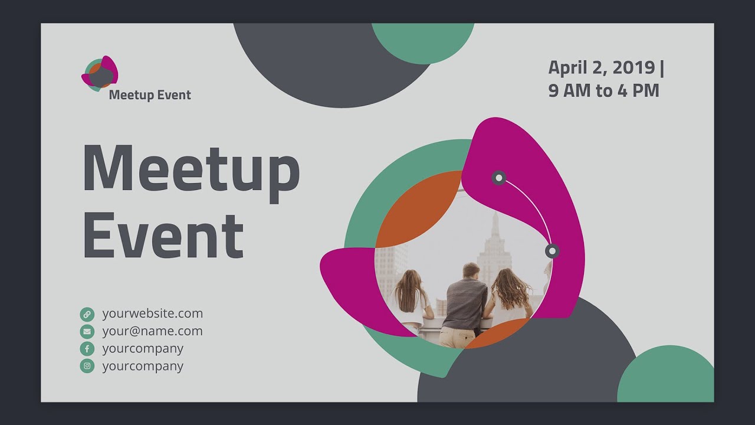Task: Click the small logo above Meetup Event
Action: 100,73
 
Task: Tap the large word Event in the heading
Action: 163,234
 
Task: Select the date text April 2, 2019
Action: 602,67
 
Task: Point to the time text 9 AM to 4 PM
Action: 603,91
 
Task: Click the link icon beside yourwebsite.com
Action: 87,314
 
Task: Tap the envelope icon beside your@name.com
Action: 87,331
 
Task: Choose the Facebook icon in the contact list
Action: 87,349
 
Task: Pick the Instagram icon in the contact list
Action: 87,366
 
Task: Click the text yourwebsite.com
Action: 152,313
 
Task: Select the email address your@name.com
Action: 152,331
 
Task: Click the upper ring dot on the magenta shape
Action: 499,177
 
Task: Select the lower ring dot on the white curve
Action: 552,251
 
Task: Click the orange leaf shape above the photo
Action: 419,208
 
